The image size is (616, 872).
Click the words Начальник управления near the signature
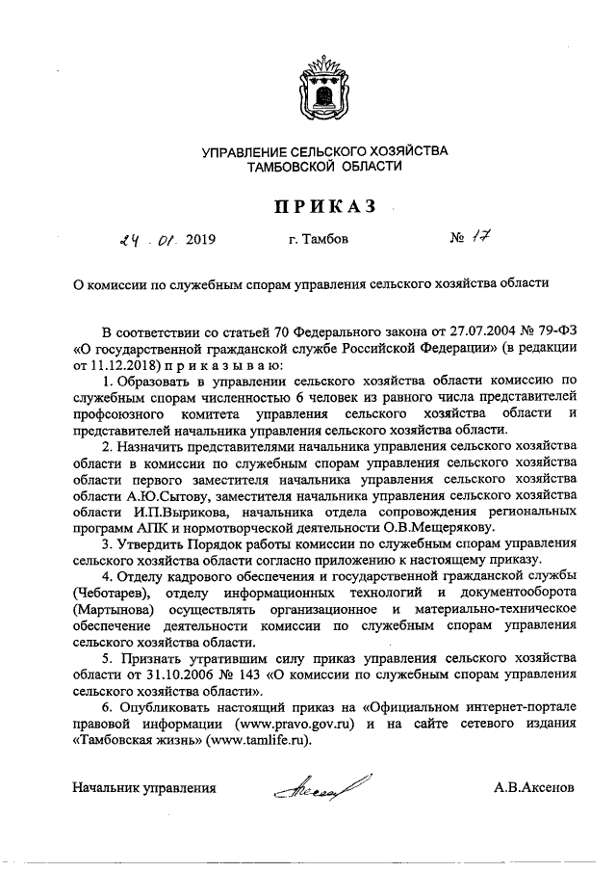pyautogui.click(x=143, y=787)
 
